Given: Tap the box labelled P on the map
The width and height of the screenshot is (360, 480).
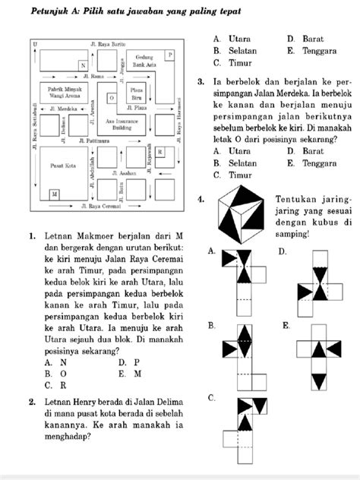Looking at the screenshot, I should coord(169,55).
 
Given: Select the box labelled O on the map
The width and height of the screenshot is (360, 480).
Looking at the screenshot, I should coord(112,98).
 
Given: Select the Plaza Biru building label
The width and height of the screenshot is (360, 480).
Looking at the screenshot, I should coord(137,94).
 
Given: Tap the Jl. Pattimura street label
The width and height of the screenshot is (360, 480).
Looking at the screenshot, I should coord(92,141).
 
